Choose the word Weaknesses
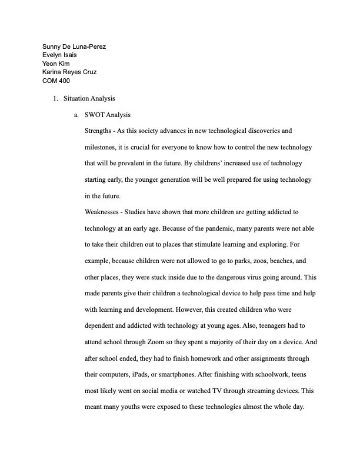105,211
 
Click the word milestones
105,147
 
